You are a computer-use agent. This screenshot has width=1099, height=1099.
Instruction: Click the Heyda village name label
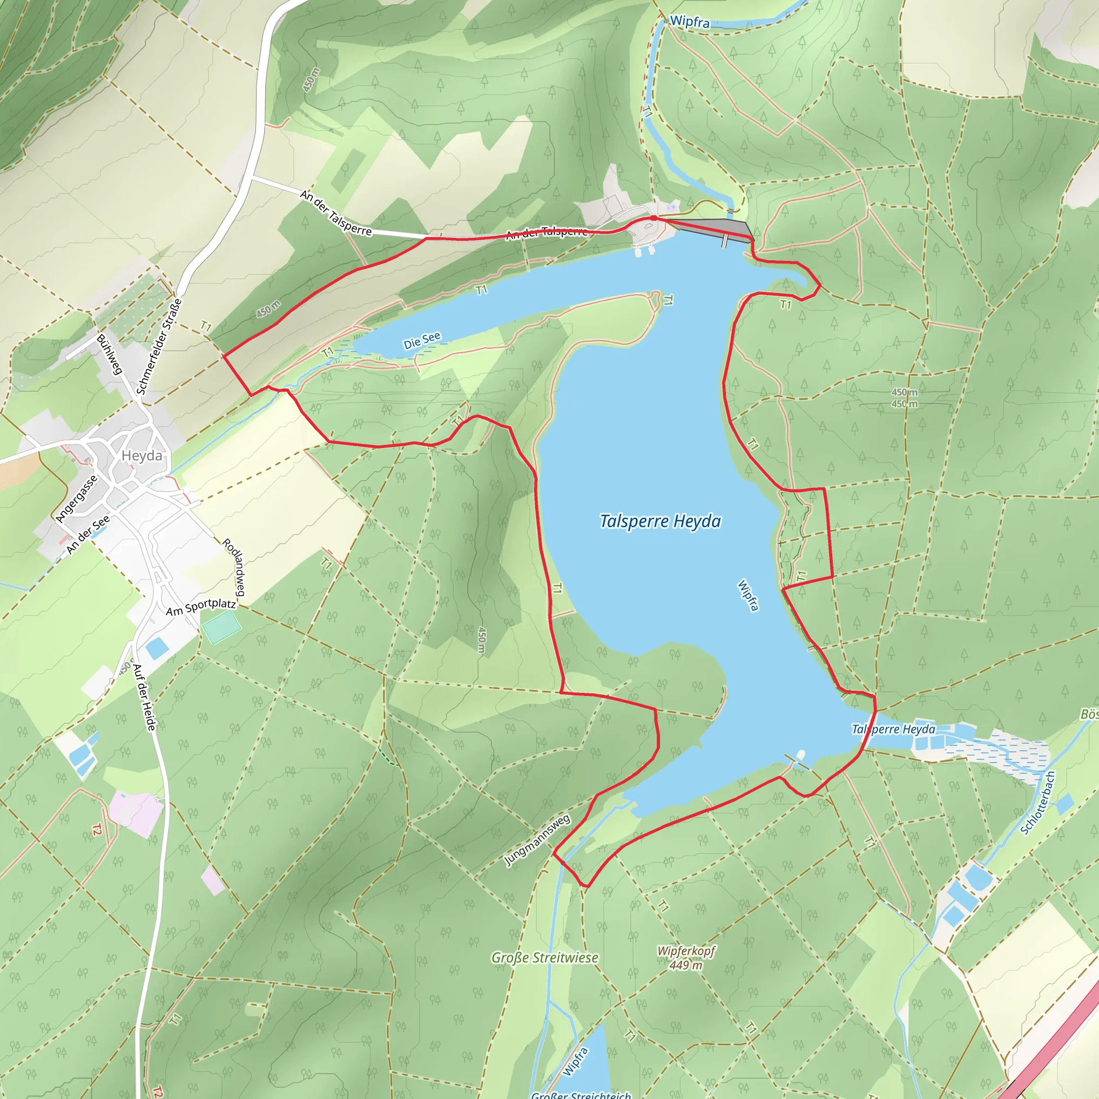coord(142,456)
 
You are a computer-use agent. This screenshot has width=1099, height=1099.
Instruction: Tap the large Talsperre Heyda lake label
coord(661,521)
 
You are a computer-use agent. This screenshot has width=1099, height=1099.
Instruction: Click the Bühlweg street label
coord(109,354)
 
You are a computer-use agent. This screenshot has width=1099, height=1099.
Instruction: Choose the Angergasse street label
coord(77,499)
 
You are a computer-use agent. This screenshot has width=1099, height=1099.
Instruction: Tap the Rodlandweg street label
coord(233,567)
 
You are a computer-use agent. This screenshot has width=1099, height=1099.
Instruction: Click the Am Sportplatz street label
coord(200,607)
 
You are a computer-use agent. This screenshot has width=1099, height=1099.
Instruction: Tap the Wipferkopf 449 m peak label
coord(685,958)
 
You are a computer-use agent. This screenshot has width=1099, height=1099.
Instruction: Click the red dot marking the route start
coord(654,218)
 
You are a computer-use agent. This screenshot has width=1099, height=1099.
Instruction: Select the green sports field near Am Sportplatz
coord(221,627)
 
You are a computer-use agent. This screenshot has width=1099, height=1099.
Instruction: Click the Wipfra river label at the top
coord(690,21)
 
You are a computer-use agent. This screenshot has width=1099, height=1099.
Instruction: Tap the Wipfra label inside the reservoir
coord(748,595)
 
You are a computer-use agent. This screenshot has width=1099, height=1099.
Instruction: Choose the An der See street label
coord(87,534)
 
